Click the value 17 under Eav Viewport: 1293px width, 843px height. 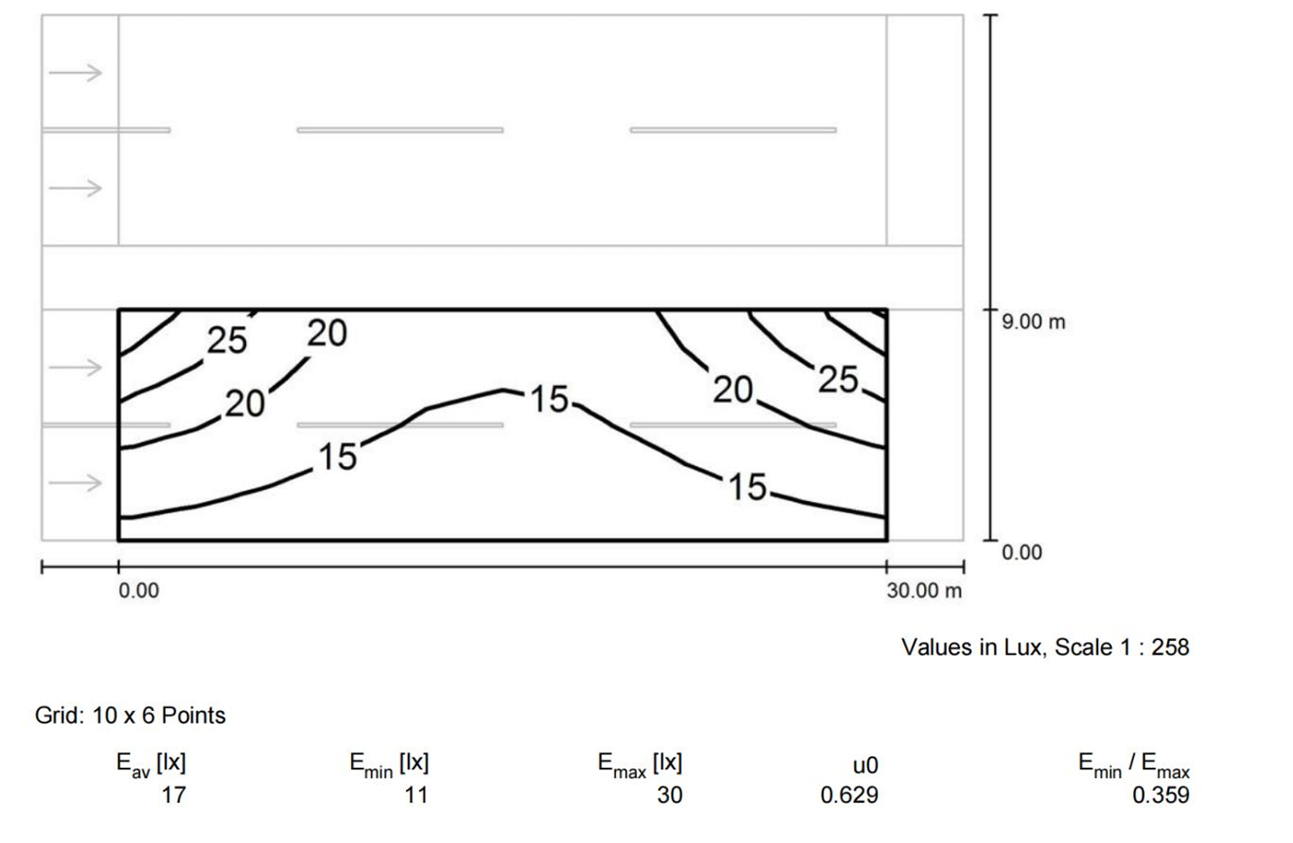click(173, 795)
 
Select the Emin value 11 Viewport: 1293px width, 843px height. click(416, 795)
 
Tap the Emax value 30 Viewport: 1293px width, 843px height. click(670, 795)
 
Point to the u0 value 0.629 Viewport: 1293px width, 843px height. click(849, 795)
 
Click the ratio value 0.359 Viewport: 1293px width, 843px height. click(1160, 795)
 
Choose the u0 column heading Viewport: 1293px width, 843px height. click(866, 766)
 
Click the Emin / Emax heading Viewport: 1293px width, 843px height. click(1134, 766)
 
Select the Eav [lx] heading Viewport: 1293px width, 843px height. click(151, 765)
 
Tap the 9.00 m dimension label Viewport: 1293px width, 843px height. click(1034, 322)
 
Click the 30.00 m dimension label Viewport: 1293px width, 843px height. click(924, 591)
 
